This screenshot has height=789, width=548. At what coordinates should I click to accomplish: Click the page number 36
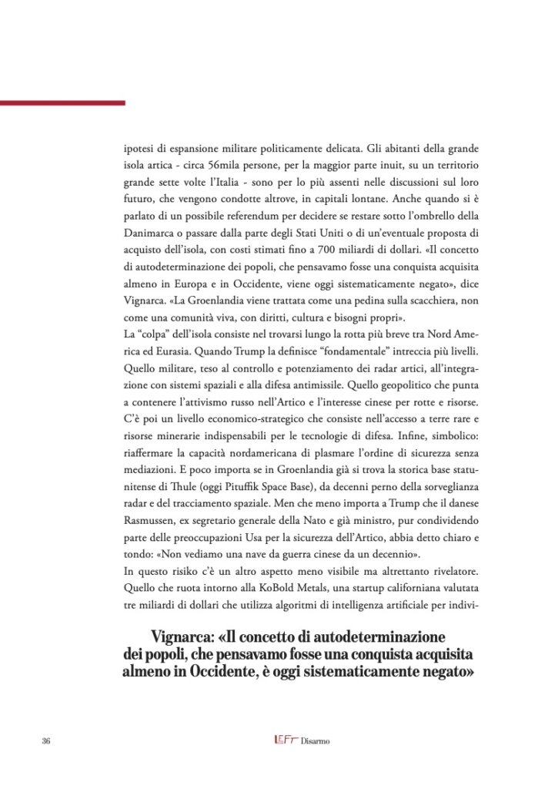45,741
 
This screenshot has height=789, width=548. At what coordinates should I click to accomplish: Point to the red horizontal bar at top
62,102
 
